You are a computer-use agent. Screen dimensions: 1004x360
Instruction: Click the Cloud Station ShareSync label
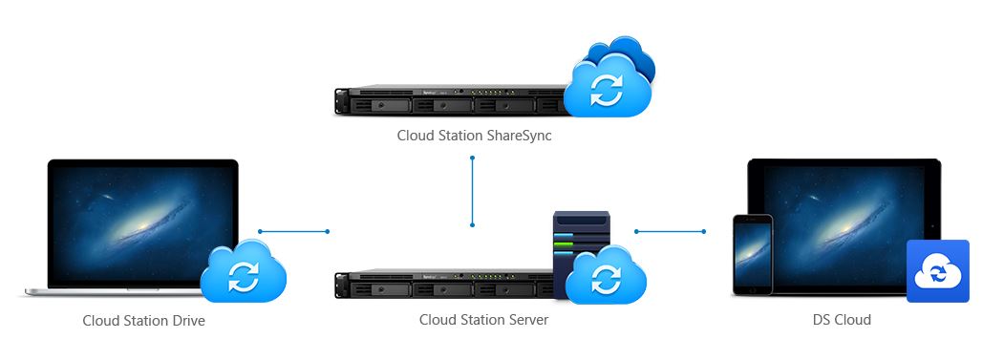coord(474,136)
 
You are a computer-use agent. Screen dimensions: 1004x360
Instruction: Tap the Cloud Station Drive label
coord(144,320)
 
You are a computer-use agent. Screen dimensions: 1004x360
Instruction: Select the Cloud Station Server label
coord(484,319)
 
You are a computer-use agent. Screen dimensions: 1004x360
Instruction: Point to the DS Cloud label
coord(842,319)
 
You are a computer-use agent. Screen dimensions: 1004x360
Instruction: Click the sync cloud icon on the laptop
coord(244,272)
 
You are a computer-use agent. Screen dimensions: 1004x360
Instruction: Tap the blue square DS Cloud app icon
coord(938,271)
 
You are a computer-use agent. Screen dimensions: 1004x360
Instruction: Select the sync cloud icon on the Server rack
coord(606,275)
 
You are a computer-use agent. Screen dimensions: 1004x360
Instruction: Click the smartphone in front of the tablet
coord(753,255)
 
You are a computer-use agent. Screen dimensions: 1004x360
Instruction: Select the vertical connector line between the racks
coord(473,191)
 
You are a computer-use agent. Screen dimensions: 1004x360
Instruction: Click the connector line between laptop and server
coord(294,231)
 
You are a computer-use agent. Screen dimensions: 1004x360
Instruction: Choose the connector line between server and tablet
coord(670,231)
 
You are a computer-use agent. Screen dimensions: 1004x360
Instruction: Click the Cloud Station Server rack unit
coord(445,284)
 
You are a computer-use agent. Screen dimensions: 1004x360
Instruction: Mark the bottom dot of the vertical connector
coord(473,224)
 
